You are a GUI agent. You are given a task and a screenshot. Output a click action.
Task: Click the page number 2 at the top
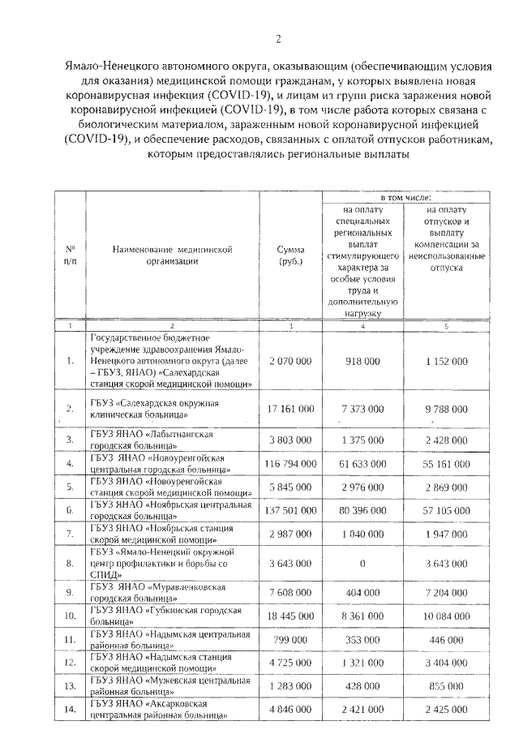pos(278,38)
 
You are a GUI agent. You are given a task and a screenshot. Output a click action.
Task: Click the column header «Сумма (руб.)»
pos(290,256)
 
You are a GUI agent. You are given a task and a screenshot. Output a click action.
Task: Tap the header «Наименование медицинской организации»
pos(173,256)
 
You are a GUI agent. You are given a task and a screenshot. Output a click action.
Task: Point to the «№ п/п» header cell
pos(70,256)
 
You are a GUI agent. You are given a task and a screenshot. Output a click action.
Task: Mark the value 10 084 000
pos(442,616)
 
